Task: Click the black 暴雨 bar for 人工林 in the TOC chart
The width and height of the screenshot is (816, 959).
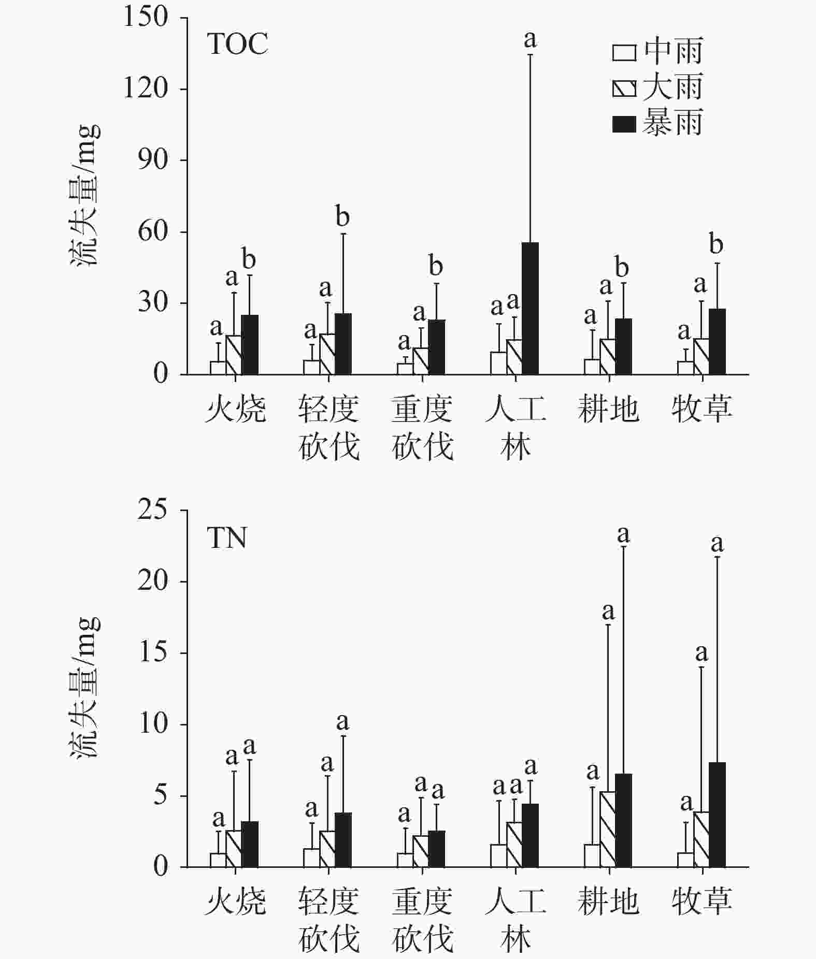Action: click(x=530, y=308)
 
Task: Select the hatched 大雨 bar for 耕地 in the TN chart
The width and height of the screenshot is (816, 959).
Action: click(x=608, y=829)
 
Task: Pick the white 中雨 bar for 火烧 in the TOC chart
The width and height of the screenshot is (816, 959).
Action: click(x=218, y=368)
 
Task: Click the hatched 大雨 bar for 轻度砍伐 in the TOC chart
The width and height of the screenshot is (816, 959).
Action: click(x=327, y=354)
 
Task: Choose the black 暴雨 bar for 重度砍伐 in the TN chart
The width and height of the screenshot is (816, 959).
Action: click(x=436, y=849)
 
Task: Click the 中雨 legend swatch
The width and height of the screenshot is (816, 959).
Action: click(x=624, y=53)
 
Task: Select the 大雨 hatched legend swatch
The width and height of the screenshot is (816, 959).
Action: click(x=624, y=89)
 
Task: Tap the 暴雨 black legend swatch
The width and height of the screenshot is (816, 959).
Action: click(x=624, y=124)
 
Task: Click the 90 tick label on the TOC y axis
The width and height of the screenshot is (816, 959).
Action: click(x=153, y=160)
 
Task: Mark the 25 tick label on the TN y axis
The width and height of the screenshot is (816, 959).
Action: click(x=153, y=510)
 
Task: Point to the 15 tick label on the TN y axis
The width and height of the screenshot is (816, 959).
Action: click(x=153, y=652)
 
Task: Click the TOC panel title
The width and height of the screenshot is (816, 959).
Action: click(x=238, y=43)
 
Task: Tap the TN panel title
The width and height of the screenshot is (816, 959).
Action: click(x=227, y=538)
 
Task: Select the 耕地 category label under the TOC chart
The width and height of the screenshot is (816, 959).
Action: click(x=608, y=409)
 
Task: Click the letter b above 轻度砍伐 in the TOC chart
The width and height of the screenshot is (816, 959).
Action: click(x=342, y=216)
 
